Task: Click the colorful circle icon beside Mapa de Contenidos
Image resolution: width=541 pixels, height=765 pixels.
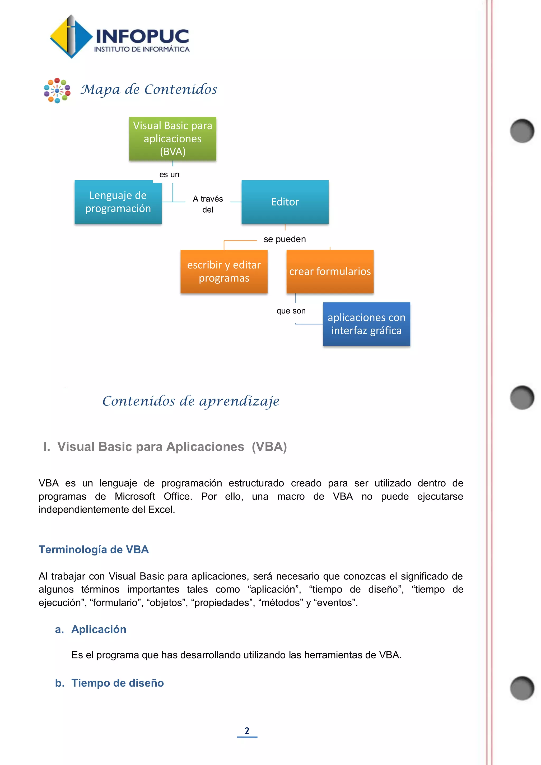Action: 57,91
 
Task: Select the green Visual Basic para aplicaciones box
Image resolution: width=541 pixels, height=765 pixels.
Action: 172,139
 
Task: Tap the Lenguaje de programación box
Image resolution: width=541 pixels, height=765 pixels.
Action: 118,202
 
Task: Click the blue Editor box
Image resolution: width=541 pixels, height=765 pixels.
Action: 285,202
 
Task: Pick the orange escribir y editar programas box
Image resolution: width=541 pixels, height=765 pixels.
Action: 224,272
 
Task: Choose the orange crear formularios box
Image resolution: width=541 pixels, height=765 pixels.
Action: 330,272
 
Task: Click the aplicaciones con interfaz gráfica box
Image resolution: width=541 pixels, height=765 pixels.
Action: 366,324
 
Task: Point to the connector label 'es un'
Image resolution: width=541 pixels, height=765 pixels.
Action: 169,175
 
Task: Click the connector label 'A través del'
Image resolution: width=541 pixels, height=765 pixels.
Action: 208,204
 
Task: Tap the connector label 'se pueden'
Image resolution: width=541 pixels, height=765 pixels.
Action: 285,239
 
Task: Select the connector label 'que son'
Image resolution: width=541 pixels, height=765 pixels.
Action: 291,311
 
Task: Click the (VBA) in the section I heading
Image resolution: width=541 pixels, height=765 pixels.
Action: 269,447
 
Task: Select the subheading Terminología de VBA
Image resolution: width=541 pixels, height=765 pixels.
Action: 94,549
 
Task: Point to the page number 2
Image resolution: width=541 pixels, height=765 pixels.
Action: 247,731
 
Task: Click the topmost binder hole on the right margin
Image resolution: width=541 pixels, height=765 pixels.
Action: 522,130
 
